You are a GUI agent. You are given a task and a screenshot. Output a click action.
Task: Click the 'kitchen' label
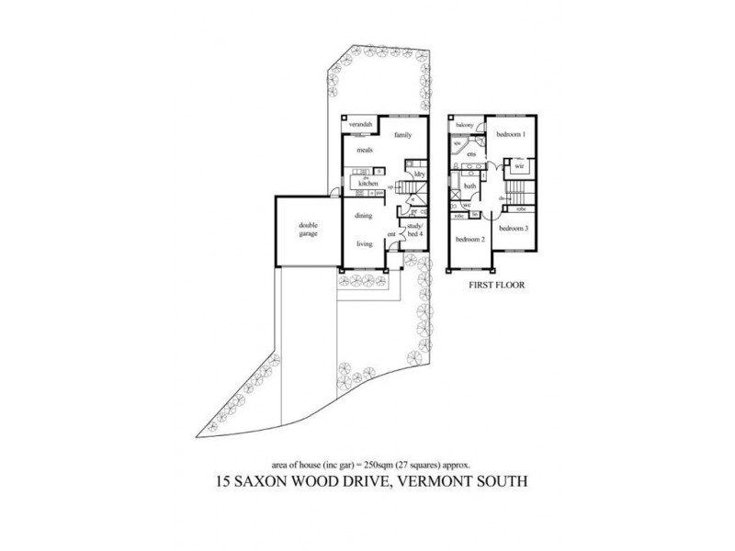click(356, 184)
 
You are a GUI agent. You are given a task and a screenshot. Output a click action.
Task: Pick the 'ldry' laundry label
click(418, 174)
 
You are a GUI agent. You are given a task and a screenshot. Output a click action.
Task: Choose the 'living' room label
click(365, 244)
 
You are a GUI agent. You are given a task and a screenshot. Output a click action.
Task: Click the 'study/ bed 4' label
click(414, 232)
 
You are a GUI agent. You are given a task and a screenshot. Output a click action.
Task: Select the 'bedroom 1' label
click(510, 135)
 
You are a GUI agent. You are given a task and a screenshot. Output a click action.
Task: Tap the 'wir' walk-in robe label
click(518, 168)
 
